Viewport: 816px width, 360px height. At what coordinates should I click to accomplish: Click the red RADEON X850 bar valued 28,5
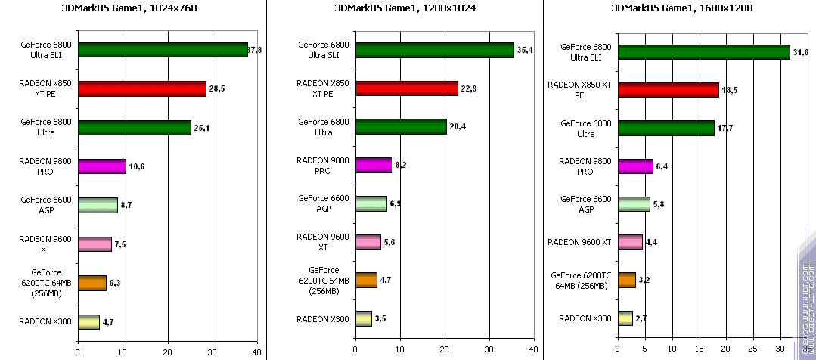(141, 89)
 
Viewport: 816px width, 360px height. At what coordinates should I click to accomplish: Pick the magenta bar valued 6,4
(635, 166)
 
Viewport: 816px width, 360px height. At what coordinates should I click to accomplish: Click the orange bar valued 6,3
(92, 283)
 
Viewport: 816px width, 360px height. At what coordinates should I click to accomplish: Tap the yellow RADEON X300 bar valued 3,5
(363, 318)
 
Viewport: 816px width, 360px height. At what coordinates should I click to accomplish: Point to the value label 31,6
(801, 51)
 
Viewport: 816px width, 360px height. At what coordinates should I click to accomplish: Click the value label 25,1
(201, 129)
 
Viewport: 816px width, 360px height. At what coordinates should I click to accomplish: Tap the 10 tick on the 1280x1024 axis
(399, 352)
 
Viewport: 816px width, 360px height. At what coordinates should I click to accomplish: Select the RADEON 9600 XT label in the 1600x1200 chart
(579, 242)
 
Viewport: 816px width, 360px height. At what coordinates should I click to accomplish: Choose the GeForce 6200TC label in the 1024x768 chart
(47, 283)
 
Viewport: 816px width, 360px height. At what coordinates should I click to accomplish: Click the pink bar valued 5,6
(368, 241)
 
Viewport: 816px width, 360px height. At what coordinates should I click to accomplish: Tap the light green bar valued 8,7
(98, 205)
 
